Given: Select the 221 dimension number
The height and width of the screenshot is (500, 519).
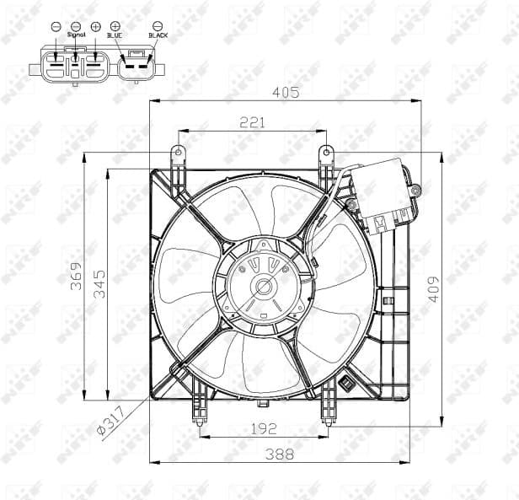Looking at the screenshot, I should point(252,122).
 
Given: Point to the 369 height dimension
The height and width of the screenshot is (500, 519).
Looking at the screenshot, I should point(75,275).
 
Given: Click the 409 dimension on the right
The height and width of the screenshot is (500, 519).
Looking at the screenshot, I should point(433,289).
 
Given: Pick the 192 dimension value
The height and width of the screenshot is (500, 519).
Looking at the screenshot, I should point(264,428).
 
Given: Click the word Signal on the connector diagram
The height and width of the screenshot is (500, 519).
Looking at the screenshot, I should point(77,35).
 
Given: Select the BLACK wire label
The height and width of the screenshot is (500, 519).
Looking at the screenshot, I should point(158,35).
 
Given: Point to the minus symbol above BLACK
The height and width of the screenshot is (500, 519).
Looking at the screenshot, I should point(158,26).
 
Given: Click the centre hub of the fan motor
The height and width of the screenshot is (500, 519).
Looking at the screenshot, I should point(264,287).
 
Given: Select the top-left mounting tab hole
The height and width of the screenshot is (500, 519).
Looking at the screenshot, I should point(178,153).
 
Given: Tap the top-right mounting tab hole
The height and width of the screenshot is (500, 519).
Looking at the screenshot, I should point(325,153).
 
